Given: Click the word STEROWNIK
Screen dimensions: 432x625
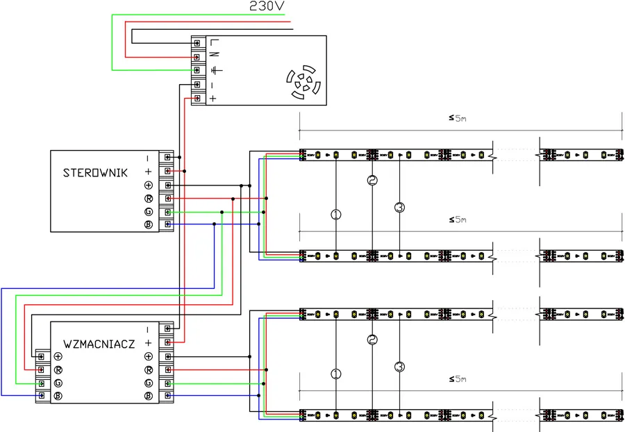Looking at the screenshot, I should click(94, 172).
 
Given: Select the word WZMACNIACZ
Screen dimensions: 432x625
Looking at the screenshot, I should click(99, 344).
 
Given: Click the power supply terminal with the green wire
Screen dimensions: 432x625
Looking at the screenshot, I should click(198, 70).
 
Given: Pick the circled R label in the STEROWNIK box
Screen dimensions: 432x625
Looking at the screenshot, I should click(148, 199).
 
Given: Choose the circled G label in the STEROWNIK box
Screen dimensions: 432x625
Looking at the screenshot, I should click(148, 212).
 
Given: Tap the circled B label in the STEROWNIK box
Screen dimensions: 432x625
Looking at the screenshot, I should click(148, 225).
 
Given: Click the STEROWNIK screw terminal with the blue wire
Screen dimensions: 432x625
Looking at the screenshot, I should click(167, 225).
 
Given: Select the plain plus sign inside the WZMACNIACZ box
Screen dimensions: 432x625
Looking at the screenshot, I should click(148, 343).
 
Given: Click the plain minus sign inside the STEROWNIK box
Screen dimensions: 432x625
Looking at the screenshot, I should click(148, 158).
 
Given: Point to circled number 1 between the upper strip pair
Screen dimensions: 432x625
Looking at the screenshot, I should click(336, 215).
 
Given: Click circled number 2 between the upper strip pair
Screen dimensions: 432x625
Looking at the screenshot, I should click(372, 181).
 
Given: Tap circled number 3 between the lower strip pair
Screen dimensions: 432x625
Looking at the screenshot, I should click(399, 366).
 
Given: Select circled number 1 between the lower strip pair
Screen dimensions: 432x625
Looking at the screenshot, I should click(336, 374).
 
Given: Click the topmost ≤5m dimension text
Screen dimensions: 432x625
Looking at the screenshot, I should click(458, 118).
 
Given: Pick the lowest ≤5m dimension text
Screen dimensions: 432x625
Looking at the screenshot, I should click(458, 379).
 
